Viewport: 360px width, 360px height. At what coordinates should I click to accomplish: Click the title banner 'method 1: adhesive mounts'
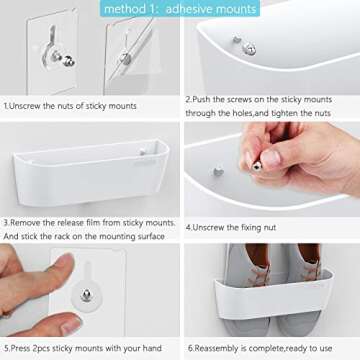point(180,9)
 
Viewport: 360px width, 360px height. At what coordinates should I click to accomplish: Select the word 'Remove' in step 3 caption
point(24,223)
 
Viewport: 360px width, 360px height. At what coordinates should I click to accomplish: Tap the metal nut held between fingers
point(257,166)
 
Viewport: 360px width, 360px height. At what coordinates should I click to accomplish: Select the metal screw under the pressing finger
point(86,295)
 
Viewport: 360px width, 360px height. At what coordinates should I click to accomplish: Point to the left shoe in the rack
point(248,289)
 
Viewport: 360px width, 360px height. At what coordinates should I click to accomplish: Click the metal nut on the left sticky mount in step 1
point(69,62)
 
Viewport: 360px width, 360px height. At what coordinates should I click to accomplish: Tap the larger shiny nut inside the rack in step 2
point(249,49)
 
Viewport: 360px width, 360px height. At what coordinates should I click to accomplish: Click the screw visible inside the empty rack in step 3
point(143,152)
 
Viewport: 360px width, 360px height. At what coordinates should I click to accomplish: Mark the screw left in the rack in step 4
point(218,172)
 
